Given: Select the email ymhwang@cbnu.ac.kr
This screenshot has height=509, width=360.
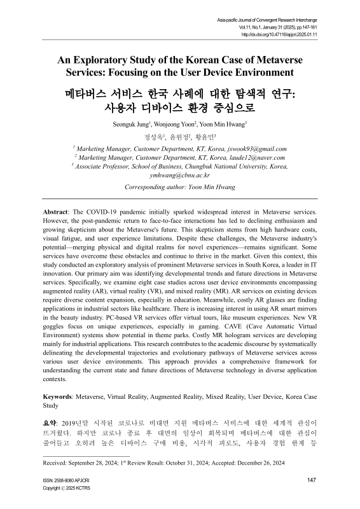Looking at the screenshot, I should click(180, 176).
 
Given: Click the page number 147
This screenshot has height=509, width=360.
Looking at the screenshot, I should click(311, 480).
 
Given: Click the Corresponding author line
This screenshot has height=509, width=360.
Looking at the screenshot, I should click(180, 188).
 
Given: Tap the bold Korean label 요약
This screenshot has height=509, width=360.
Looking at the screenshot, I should click(50, 421).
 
